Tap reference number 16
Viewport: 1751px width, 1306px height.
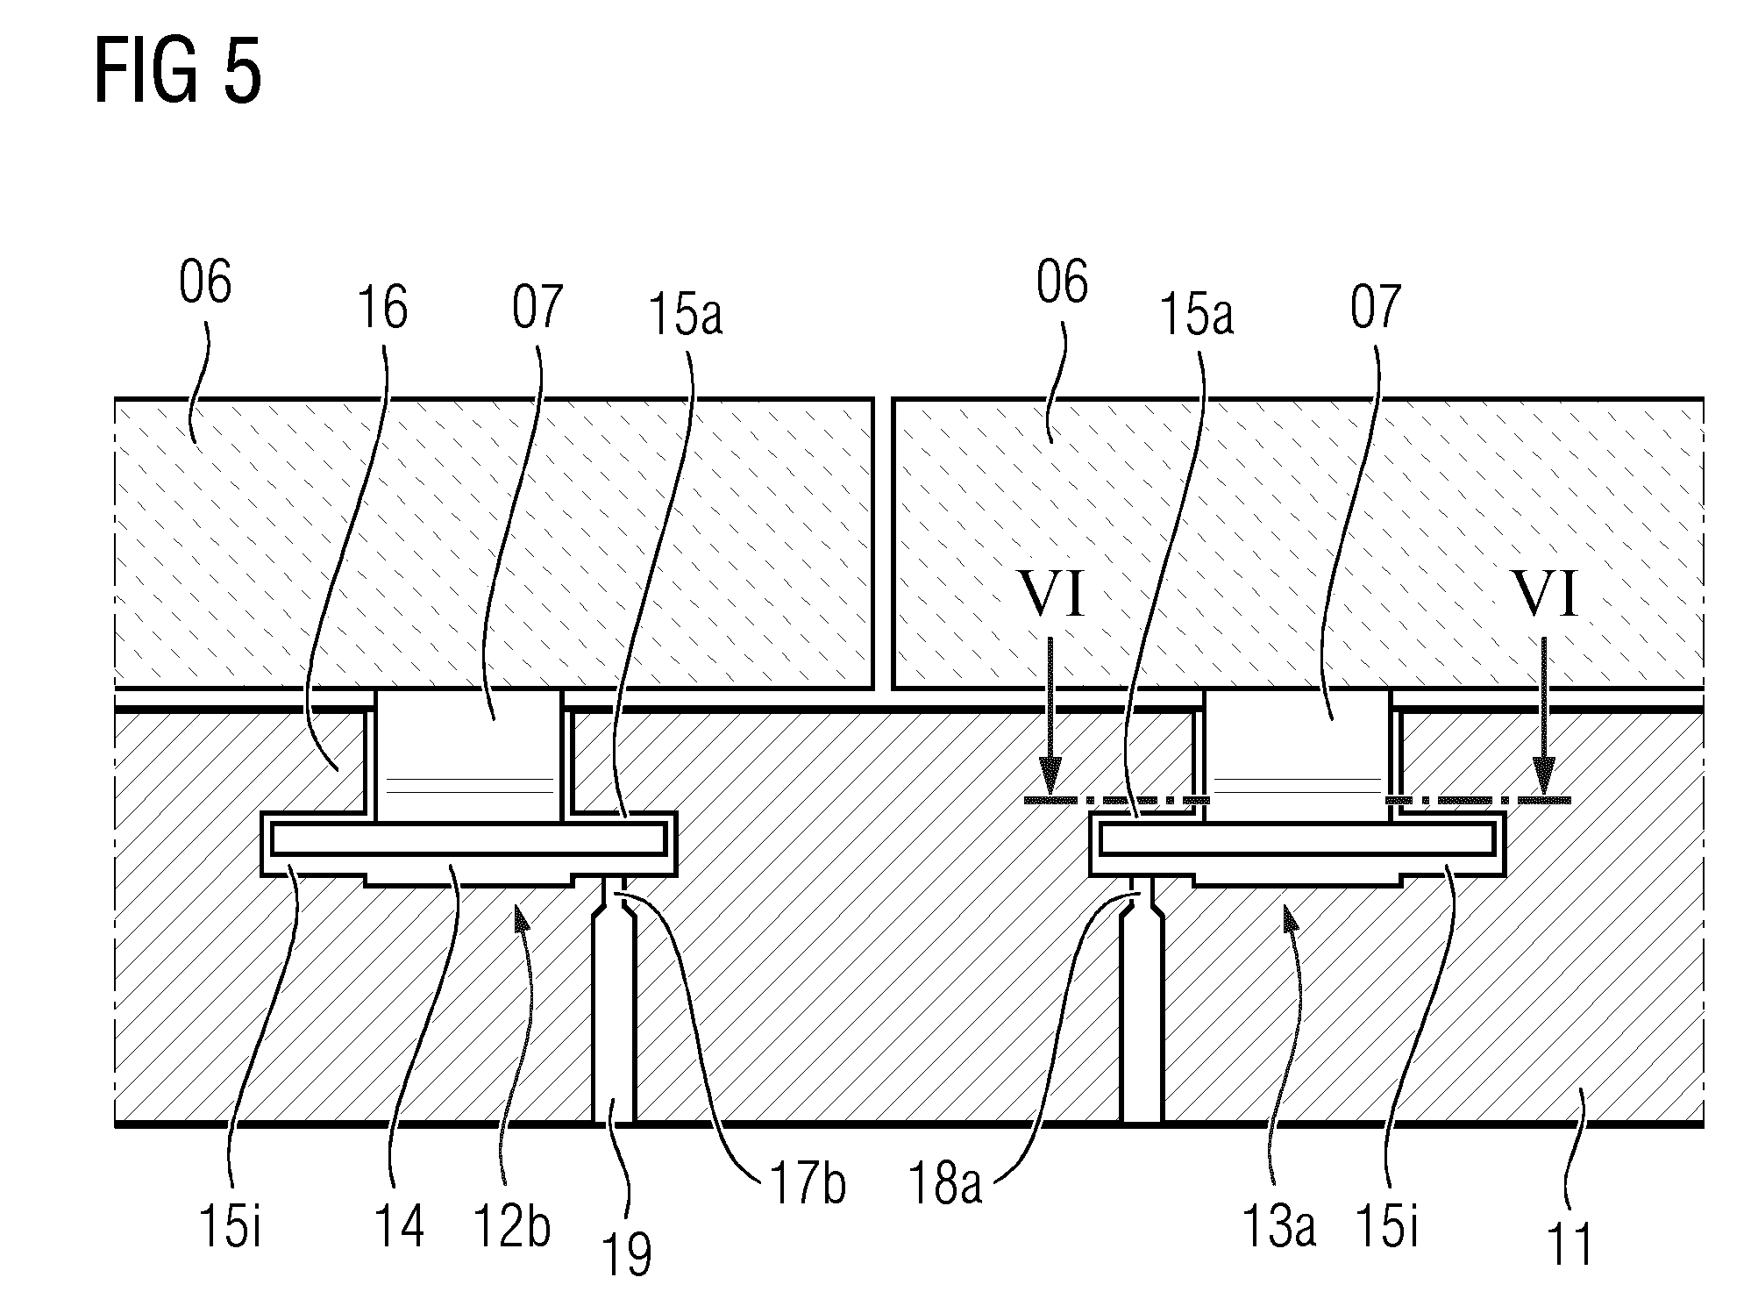(382, 308)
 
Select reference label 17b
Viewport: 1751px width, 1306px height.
(807, 1183)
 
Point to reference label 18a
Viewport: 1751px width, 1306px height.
(943, 1183)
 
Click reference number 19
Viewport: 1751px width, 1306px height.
(627, 1255)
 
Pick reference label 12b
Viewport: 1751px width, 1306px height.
(511, 1225)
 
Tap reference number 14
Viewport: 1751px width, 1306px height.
(399, 1225)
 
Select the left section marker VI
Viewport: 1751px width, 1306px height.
(1051, 596)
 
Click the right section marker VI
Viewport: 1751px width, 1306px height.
(1545, 596)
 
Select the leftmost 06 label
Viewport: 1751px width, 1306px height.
(205, 282)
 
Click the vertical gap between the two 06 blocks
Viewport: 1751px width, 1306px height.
(883, 544)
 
